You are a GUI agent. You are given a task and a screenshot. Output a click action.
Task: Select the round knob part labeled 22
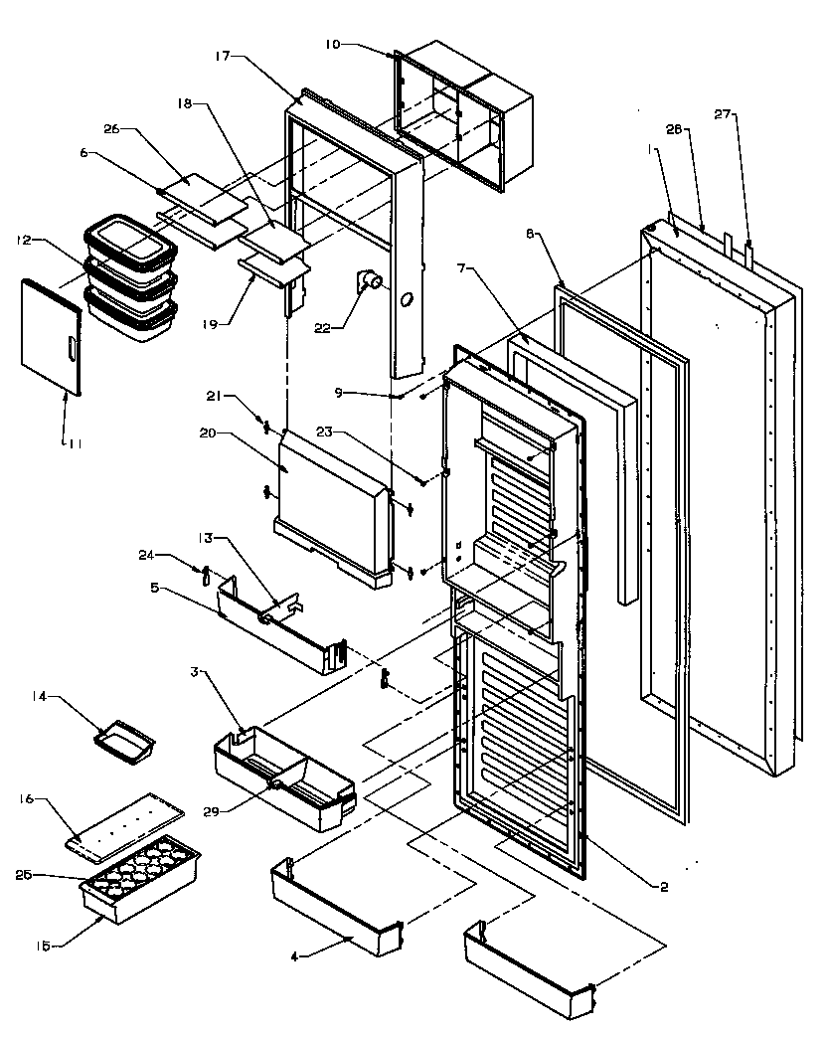373,283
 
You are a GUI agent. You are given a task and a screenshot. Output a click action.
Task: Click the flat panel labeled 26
203,196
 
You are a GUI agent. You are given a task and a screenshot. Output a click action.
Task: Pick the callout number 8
531,235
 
